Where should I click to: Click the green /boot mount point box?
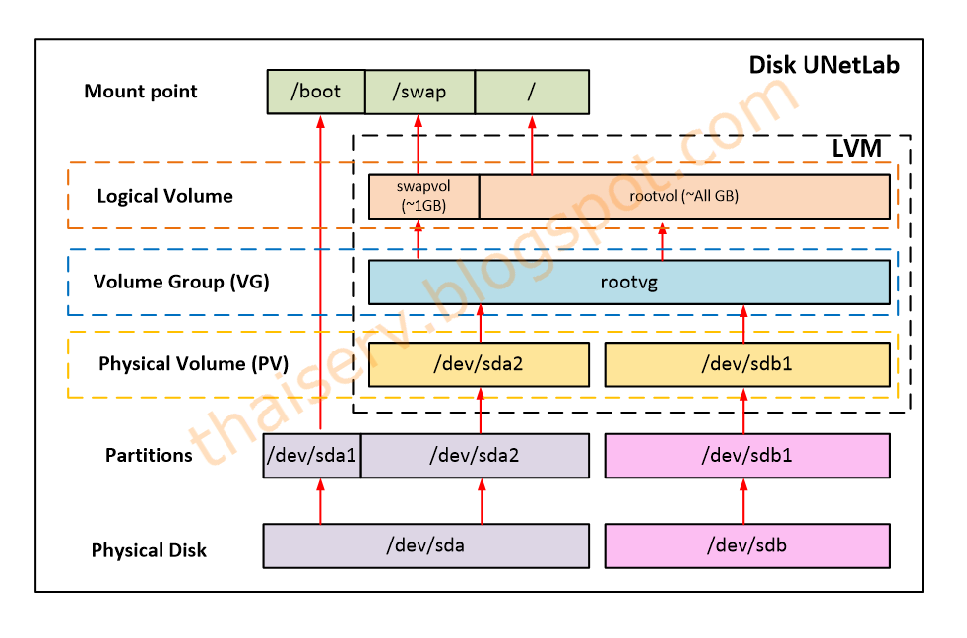[316, 92]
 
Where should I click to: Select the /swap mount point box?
[419, 92]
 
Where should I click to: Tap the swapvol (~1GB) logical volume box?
[423, 196]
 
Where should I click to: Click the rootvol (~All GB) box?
[684, 196]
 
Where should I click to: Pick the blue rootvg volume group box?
[629, 283]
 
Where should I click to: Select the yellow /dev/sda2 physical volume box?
[479, 364]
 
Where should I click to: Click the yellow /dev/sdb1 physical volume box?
[747, 364]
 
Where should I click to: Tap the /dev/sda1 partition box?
[311, 456]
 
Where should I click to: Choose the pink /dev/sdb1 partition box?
[747, 456]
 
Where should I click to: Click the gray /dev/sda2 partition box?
[475, 456]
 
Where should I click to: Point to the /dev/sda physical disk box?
[424, 545]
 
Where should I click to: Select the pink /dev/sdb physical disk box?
[747, 545]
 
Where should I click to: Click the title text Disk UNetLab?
[824, 66]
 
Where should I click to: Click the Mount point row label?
[141, 92]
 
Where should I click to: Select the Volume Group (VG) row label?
[181, 282]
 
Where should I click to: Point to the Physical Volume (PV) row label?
[193, 364]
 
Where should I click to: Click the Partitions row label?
[149, 456]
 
